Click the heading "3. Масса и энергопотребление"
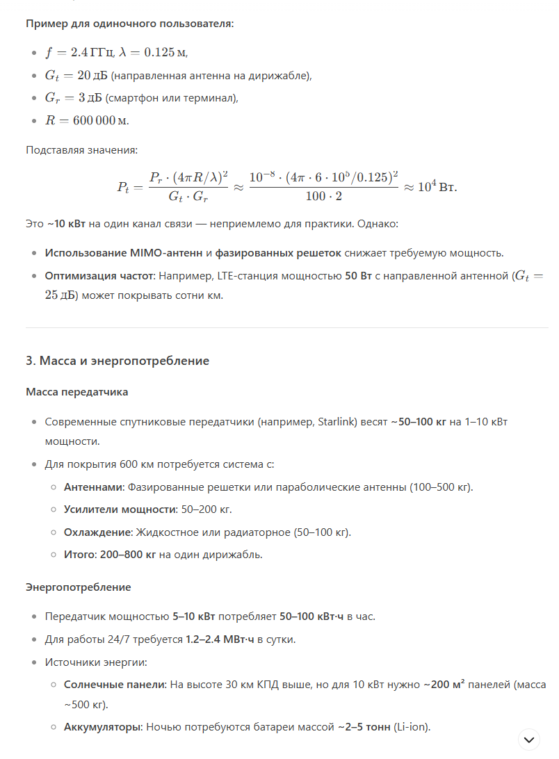tap(118, 361)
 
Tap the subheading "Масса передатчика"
tap(76, 392)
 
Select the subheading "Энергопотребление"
tap(78, 587)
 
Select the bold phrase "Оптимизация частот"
tap(99, 276)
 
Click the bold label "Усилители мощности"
tap(119, 509)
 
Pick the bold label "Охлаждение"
tap(97, 532)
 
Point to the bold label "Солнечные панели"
tap(114, 685)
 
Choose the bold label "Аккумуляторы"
tap(103, 727)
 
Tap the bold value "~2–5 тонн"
tap(364, 727)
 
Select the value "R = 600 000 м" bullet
tap(87, 120)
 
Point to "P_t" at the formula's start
tap(123, 188)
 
